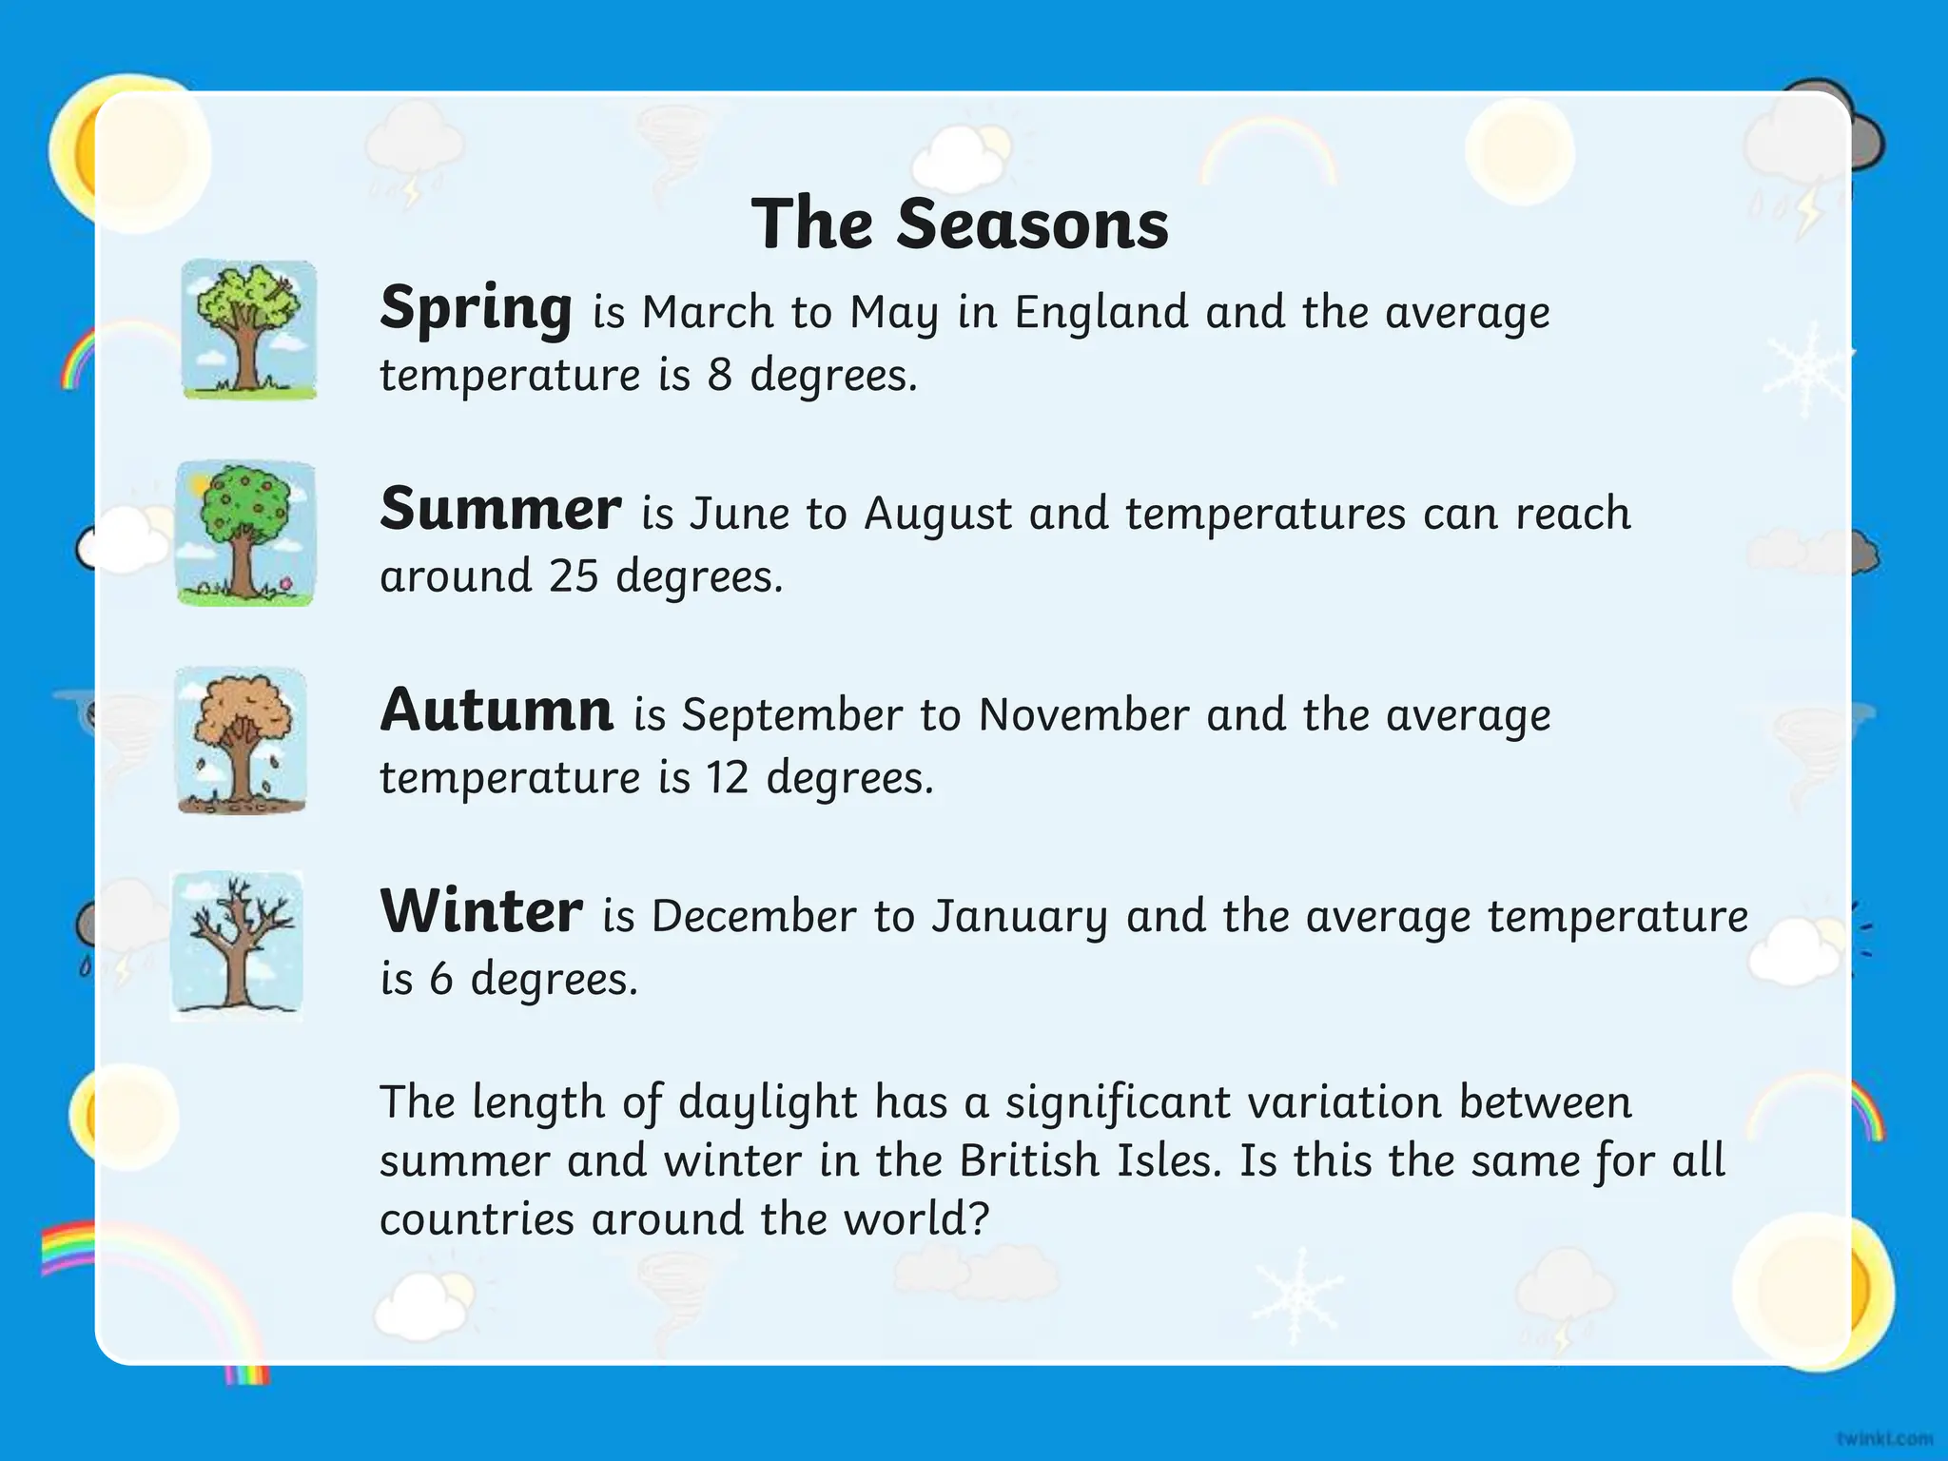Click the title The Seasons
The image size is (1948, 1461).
click(x=960, y=224)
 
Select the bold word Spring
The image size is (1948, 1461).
click(x=476, y=309)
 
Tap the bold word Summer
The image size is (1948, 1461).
click(x=500, y=509)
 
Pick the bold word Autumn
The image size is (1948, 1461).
click(x=497, y=711)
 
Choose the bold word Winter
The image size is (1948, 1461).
click(x=481, y=911)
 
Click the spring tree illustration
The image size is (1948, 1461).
click(x=249, y=329)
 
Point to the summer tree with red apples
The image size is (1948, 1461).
click(x=245, y=533)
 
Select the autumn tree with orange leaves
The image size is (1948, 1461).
click(x=242, y=740)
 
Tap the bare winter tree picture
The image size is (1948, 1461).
click(x=237, y=945)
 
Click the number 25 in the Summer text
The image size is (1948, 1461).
click(x=573, y=575)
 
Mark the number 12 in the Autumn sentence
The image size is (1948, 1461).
click(x=727, y=778)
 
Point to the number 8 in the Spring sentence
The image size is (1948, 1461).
click(x=719, y=375)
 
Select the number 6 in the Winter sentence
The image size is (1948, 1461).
click(x=440, y=979)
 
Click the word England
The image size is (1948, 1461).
click(x=1101, y=313)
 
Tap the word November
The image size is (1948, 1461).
click(x=1083, y=715)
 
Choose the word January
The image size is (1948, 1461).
click(x=1020, y=917)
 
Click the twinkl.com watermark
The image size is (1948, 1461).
click(x=1884, y=1437)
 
